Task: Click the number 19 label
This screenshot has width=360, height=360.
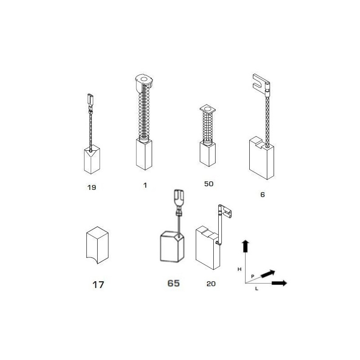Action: click(x=91, y=187)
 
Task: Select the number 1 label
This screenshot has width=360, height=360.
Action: click(x=145, y=185)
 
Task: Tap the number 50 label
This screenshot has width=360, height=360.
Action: click(x=208, y=184)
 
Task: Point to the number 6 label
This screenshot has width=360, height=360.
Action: click(x=263, y=195)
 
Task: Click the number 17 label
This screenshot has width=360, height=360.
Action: click(x=98, y=284)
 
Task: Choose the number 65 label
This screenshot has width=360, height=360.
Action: click(x=173, y=283)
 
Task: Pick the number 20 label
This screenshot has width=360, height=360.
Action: click(x=211, y=283)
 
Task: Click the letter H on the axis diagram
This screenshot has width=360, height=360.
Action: click(x=240, y=269)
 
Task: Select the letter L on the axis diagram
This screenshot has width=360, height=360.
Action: click(x=256, y=289)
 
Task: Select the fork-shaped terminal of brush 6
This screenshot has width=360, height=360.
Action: click(x=259, y=83)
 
